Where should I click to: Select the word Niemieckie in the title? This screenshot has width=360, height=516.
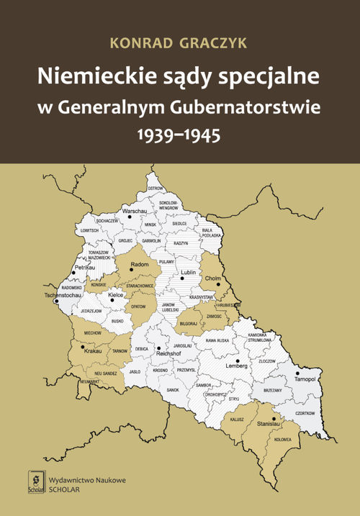click(x=98, y=76)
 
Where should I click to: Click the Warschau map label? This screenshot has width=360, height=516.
click(x=135, y=211)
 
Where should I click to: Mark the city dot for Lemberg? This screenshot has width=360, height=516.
click(x=238, y=361)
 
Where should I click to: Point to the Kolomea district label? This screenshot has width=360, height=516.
click(x=282, y=439)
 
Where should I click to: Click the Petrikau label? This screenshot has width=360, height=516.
click(x=85, y=267)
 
